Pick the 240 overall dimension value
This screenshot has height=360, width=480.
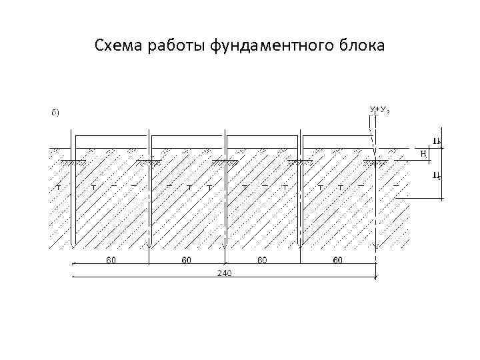(224, 274)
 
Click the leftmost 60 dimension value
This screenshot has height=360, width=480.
(111, 260)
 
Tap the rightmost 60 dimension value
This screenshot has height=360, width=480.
(338, 260)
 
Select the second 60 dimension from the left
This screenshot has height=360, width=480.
(187, 260)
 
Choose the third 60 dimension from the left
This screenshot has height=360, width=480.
(263, 260)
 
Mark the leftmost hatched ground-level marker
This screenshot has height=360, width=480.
(69, 162)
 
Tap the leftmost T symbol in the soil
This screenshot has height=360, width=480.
(58, 187)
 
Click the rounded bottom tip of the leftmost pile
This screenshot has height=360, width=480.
(74, 245)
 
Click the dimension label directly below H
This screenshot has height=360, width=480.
(436, 176)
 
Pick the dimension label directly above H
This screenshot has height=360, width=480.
(436, 141)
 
